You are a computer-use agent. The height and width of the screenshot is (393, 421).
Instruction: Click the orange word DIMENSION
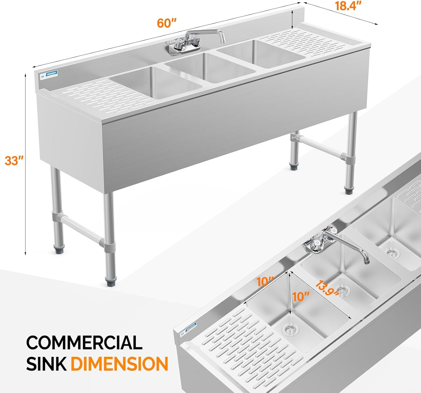pos(119,364)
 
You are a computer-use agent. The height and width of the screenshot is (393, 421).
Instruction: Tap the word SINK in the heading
pos(46,364)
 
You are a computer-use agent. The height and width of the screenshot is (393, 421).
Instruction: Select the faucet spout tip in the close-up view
pos(367,262)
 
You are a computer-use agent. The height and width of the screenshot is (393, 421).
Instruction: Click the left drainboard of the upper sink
pos(104,94)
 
